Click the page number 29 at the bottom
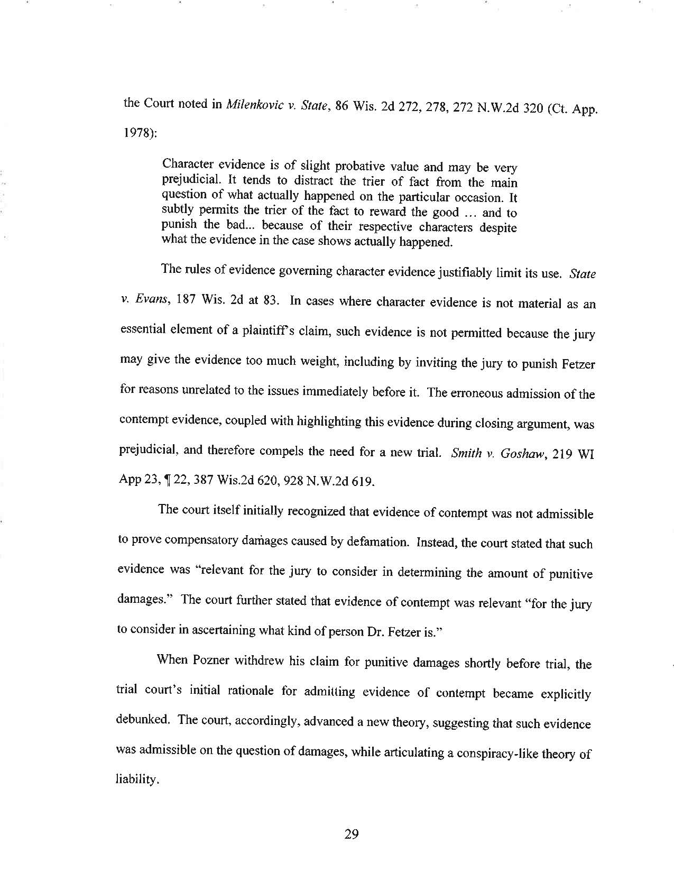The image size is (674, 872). (x=352, y=834)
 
